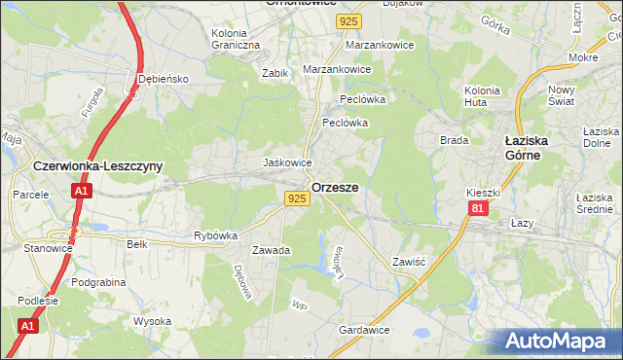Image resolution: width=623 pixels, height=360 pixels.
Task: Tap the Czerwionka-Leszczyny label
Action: click(x=97, y=166)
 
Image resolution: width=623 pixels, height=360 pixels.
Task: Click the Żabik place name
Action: click(x=275, y=72)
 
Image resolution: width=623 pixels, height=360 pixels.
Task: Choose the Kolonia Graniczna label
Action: click(x=236, y=39)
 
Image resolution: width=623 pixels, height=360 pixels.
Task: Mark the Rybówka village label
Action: click(x=216, y=235)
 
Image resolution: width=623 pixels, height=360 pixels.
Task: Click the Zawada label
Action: click(x=272, y=250)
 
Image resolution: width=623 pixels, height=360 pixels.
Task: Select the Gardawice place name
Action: click(x=364, y=330)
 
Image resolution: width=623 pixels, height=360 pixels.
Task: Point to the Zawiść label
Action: click(x=409, y=262)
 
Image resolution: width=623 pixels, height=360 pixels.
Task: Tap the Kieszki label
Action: click(x=483, y=193)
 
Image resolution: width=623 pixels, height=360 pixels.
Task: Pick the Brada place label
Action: click(x=455, y=140)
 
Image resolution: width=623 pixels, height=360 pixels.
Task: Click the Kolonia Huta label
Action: click(x=482, y=95)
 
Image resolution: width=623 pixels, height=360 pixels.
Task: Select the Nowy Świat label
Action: click(x=561, y=94)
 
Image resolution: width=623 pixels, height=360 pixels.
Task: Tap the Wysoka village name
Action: click(x=152, y=321)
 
